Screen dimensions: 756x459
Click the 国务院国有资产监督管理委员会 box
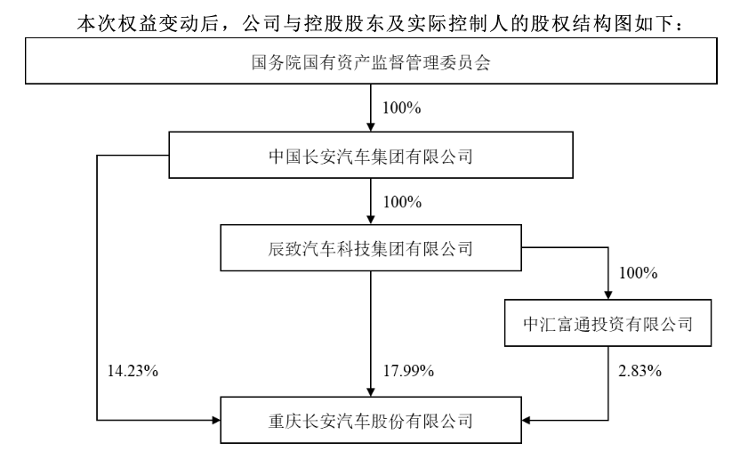coord(371,60)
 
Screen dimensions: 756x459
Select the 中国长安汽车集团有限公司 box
coord(371,155)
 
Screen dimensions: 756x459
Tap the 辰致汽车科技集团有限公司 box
coord(371,247)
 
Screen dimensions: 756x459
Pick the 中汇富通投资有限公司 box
coord(607,323)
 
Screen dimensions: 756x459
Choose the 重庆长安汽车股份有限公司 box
coord(371,420)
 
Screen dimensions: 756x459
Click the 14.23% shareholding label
coord(133,371)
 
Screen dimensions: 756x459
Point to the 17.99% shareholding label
coord(408,371)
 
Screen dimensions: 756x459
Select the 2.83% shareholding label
coord(639,371)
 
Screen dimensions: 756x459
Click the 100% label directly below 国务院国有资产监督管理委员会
coord(402,108)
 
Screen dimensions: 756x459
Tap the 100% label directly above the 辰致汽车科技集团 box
coord(402,202)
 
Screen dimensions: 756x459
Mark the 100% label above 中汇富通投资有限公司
coord(639,273)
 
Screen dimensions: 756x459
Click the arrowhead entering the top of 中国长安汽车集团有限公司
coord(371,126)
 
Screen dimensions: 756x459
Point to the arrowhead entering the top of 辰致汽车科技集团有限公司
coord(371,220)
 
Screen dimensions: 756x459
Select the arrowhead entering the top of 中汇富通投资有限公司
coord(608,294)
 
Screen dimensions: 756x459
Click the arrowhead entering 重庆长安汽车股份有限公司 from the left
coord(215,421)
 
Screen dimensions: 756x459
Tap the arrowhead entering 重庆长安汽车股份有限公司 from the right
coord(527,421)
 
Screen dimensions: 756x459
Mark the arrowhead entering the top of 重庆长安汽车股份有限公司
coord(371,391)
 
